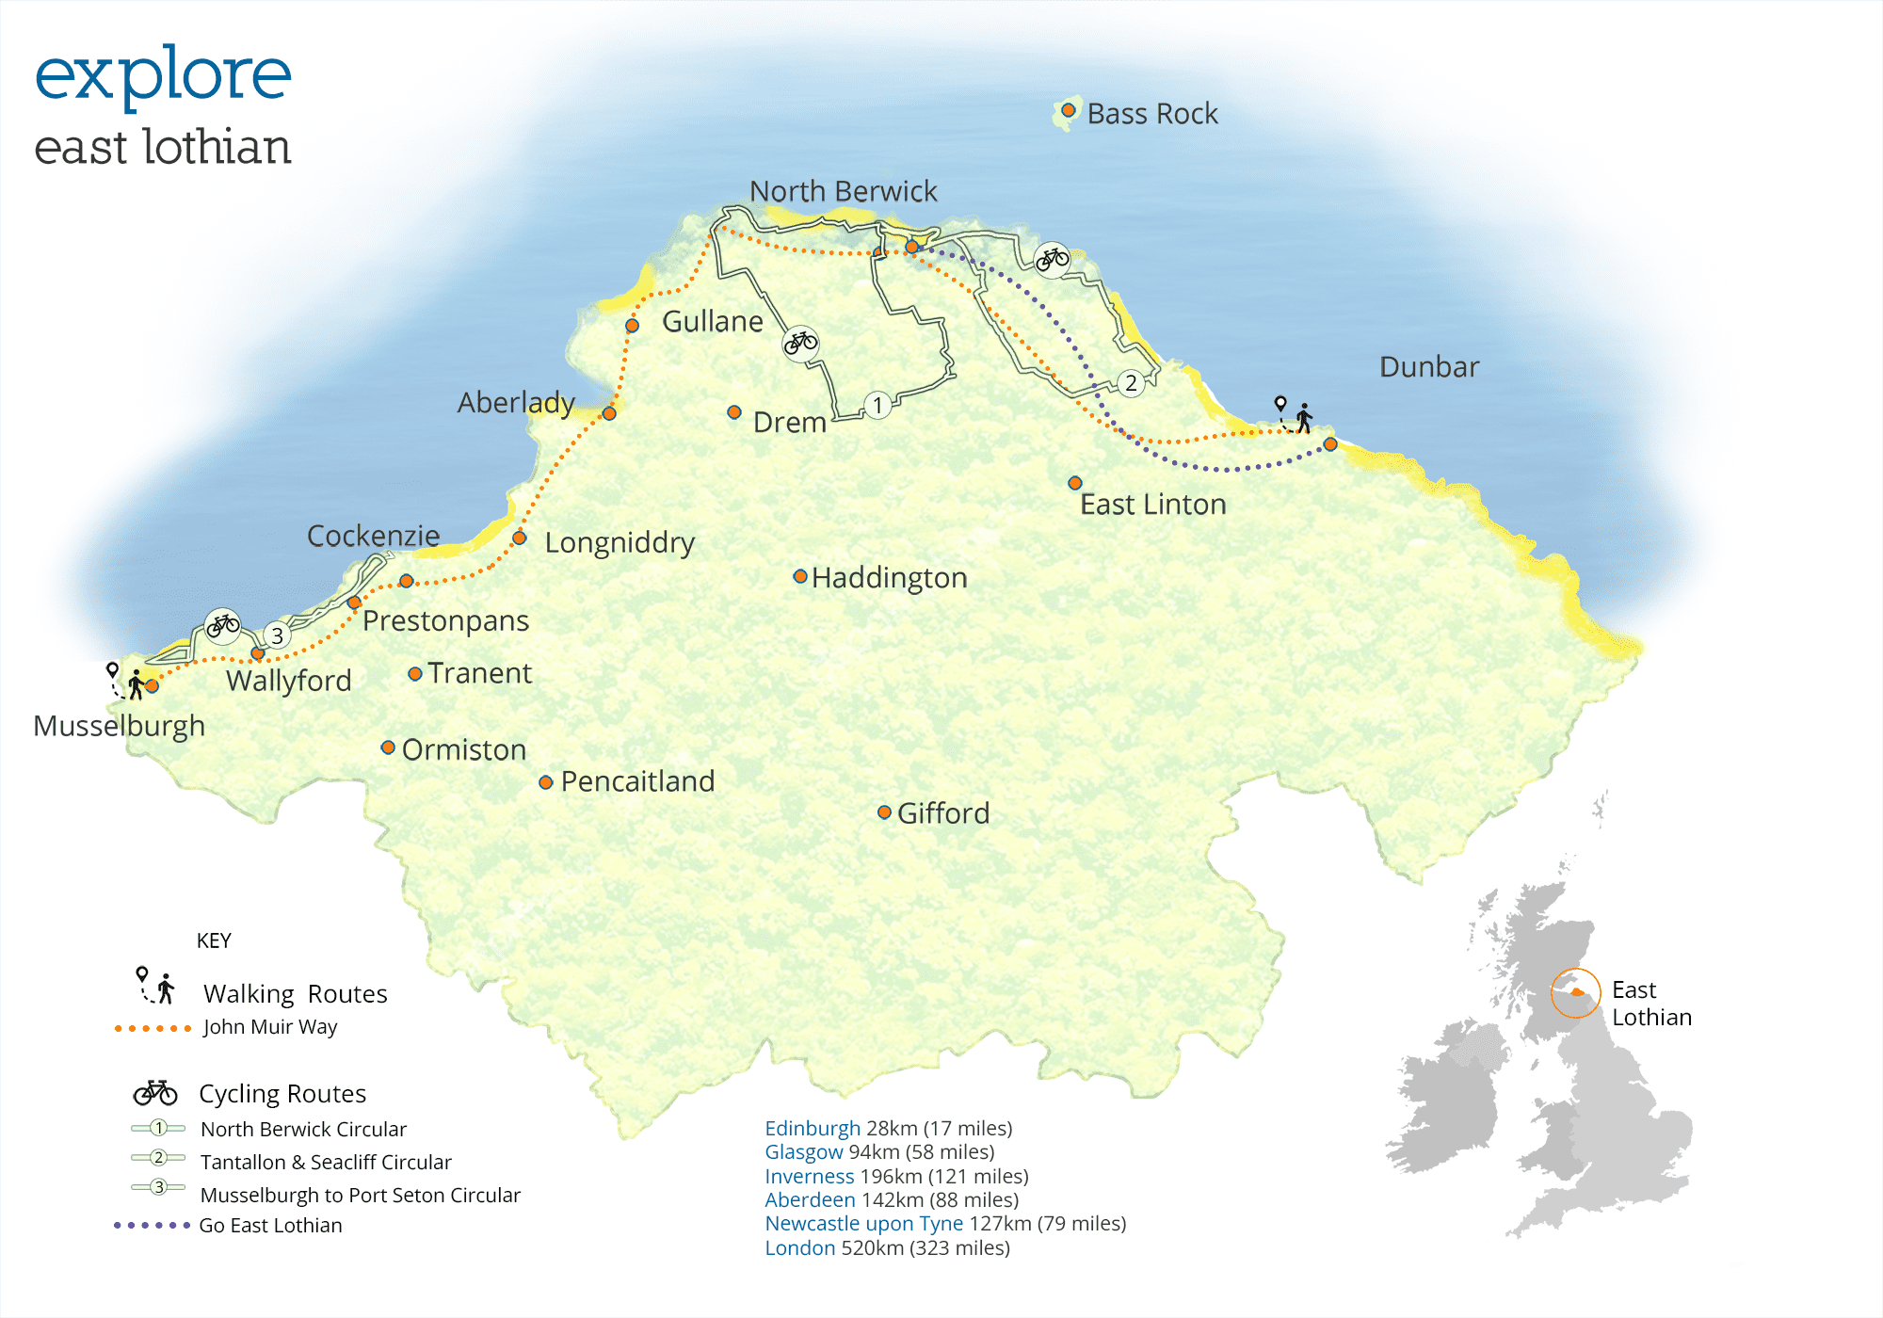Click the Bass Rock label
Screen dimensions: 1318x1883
pyautogui.click(x=1151, y=114)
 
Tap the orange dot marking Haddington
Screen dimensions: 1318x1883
pyautogui.click(x=800, y=576)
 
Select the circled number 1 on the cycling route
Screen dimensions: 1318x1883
pyautogui.click(x=877, y=405)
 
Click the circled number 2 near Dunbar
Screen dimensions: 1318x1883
pyautogui.click(x=1131, y=382)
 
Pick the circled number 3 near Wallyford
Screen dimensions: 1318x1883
pyautogui.click(x=277, y=635)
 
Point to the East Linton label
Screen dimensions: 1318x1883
pyautogui.click(x=1152, y=505)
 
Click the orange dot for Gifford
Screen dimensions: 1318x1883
pyautogui.click(x=884, y=812)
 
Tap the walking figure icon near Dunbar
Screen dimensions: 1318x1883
pyautogui.click(x=1304, y=418)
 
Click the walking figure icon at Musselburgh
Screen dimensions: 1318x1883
pyautogui.click(x=137, y=684)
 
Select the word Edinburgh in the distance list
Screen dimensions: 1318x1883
pyautogui.click(x=812, y=1128)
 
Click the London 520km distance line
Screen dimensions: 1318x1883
pyautogui.click(x=886, y=1247)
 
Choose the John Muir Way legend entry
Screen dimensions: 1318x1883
pyautogui.click(x=269, y=1027)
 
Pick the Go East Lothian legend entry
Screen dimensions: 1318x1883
pyautogui.click(x=270, y=1225)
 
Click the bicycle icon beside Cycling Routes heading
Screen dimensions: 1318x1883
pyautogui.click(x=155, y=1092)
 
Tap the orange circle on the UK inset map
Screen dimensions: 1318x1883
pyautogui.click(x=1575, y=992)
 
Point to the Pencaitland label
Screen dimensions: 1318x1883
pyautogui.click(x=637, y=781)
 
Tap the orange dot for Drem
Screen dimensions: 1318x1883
pyautogui.click(x=734, y=412)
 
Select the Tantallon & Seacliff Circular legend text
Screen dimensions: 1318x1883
pyautogui.click(x=326, y=1162)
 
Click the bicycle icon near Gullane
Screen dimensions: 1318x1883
pyautogui.click(x=800, y=343)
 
